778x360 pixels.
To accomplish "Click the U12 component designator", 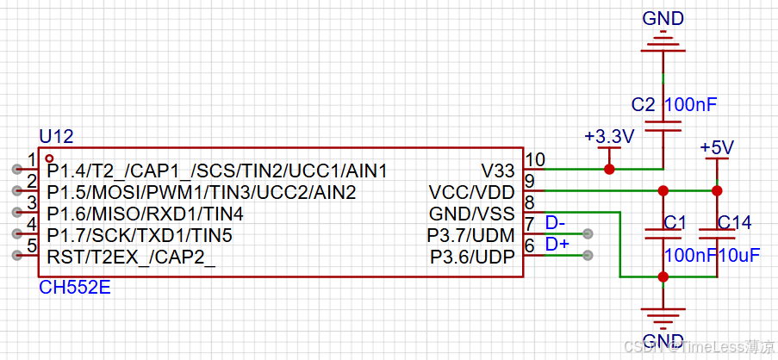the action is coord(56,136).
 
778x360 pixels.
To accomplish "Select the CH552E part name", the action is coord(74,288).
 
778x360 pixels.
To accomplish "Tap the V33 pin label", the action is coord(498,171).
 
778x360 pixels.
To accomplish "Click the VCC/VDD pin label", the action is coord(472,192).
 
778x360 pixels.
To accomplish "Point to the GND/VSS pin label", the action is coord(472,214).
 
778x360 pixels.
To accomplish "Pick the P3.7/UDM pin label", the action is coord(471,235).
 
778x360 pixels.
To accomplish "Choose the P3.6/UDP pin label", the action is coord(472,258).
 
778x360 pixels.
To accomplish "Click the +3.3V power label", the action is coord(609,137).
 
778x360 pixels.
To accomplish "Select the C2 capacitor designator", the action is coord(644,105).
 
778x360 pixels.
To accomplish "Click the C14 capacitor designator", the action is coord(735,223).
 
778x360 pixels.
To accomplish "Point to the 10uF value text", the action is coord(739,256).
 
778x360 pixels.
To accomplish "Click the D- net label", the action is coord(555,223).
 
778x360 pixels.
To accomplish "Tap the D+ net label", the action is coord(557,244).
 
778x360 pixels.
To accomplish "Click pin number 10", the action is coord(535,159).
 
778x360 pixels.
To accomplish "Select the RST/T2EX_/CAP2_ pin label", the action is coord(132,258).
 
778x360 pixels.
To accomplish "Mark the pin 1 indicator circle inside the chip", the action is coord(49,158).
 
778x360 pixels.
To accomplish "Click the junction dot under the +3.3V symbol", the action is coord(609,169).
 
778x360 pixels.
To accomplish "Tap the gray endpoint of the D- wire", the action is coord(588,233).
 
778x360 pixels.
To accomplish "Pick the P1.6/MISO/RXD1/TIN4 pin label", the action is coord(146,214).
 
